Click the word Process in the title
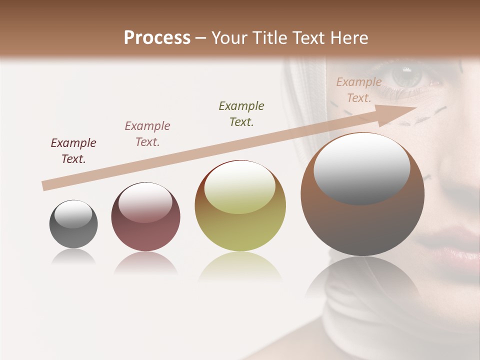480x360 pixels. point(157,38)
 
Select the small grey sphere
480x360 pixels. point(73,224)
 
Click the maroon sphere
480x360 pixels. point(145,217)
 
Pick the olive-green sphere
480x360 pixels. point(240,206)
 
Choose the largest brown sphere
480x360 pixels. point(362,194)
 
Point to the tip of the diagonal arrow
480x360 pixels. point(416,107)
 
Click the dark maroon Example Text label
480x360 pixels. point(73,151)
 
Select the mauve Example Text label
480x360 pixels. point(147,133)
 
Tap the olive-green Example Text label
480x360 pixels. point(241,113)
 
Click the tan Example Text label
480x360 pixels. point(358,90)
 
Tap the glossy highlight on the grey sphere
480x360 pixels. point(73,214)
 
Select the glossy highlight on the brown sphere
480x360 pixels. point(361,168)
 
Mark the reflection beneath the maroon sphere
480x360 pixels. point(145,264)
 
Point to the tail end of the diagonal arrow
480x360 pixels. point(45,186)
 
